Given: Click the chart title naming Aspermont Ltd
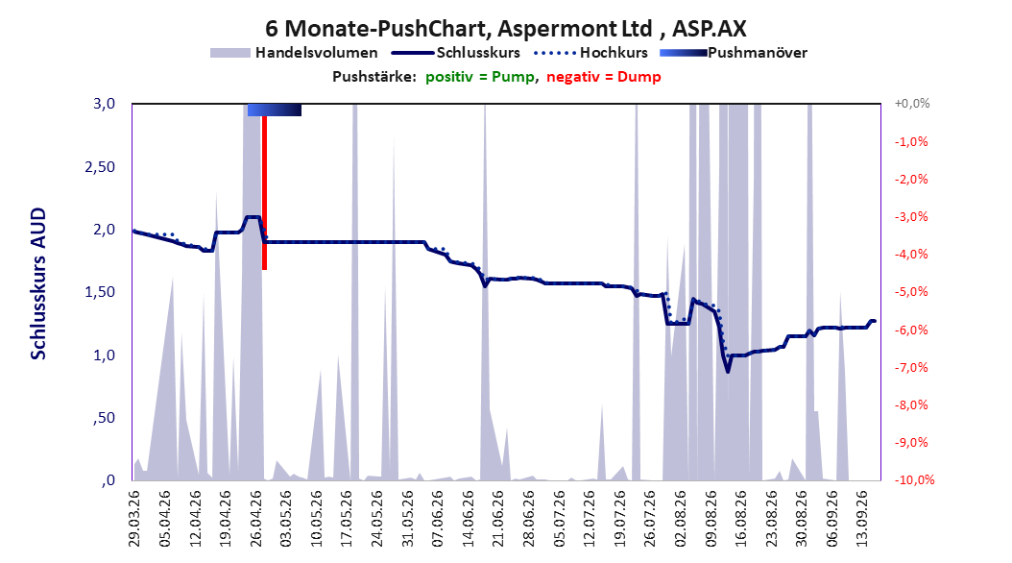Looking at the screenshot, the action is (506, 29).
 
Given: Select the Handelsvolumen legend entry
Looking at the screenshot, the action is (294, 53).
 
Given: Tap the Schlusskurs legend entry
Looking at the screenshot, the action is (456, 53).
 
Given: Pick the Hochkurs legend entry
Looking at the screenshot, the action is (590, 53).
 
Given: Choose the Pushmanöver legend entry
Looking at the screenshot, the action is (734, 53).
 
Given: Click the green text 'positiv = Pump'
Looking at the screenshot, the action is (479, 77).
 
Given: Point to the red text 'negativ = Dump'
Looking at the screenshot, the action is (604, 77).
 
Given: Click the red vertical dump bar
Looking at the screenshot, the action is (264, 192).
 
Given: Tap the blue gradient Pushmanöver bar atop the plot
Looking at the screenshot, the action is (275, 110).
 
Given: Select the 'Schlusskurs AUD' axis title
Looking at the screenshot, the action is (38, 283).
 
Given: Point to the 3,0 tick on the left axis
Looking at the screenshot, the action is (104, 104).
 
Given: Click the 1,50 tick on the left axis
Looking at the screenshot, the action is (100, 292).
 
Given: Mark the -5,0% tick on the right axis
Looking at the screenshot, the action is (911, 292).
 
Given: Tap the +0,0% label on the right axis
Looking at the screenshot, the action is (912, 104).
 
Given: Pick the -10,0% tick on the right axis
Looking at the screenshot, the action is (914, 479).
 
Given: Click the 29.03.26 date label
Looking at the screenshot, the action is (134, 519).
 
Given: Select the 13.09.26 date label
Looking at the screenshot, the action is (861, 519).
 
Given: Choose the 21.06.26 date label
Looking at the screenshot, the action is (498, 519).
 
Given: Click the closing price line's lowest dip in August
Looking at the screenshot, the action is (728, 371).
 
